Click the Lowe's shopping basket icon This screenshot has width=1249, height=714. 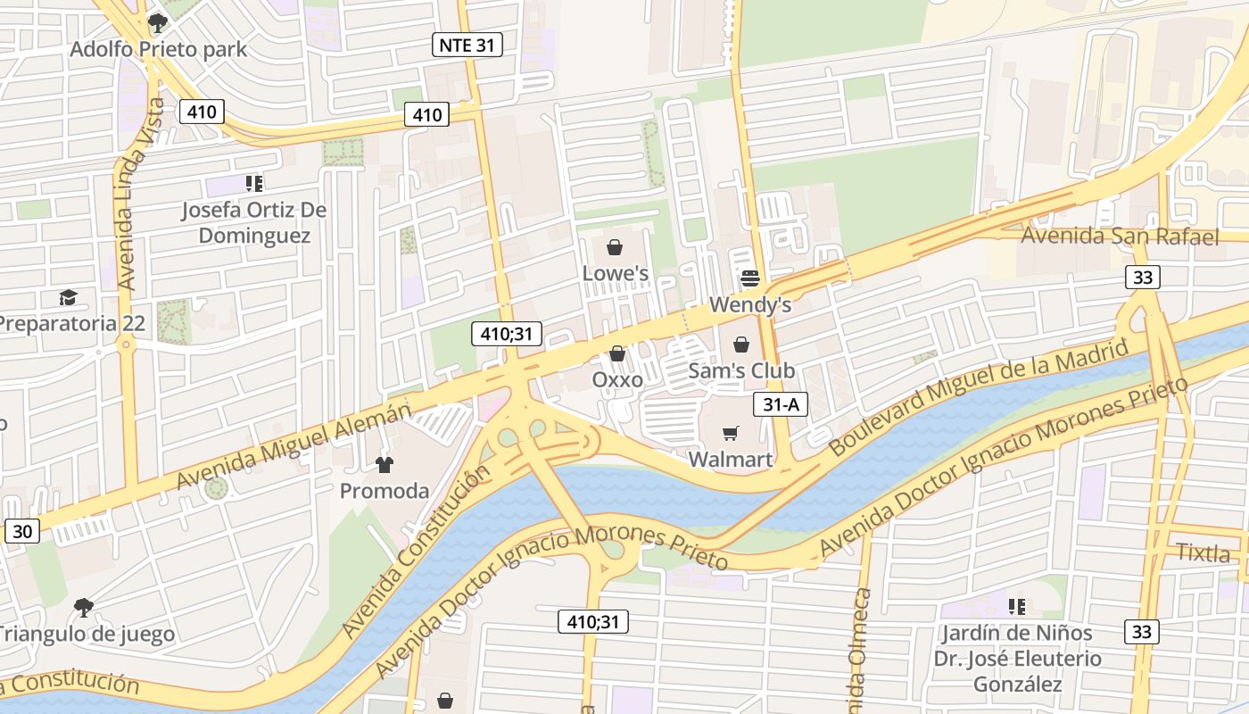coord(615,247)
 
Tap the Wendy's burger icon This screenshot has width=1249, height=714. coord(749,278)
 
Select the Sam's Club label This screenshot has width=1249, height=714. coord(741,369)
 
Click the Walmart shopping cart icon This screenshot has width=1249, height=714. coord(731,434)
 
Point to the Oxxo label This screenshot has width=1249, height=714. coord(617,379)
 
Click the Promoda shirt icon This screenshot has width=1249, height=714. coord(385,464)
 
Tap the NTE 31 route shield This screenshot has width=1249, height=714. coord(467,45)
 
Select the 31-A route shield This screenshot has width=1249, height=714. coord(781,404)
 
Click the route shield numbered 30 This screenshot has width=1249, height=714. coord(22,532)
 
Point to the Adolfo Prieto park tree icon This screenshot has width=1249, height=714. coord(158,22)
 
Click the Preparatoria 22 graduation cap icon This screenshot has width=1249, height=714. coord(68,297)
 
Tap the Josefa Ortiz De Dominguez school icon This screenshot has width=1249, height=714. coord(254,184)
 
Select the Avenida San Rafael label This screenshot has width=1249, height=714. coord(1120,237)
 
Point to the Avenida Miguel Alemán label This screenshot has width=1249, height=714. coord(294,445)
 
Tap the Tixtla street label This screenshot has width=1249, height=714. coord(1203,552)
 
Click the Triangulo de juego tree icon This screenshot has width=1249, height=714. coord(84,608)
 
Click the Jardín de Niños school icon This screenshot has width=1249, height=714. coord(1016,607)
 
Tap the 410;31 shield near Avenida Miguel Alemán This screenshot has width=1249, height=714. coord(507,335)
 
